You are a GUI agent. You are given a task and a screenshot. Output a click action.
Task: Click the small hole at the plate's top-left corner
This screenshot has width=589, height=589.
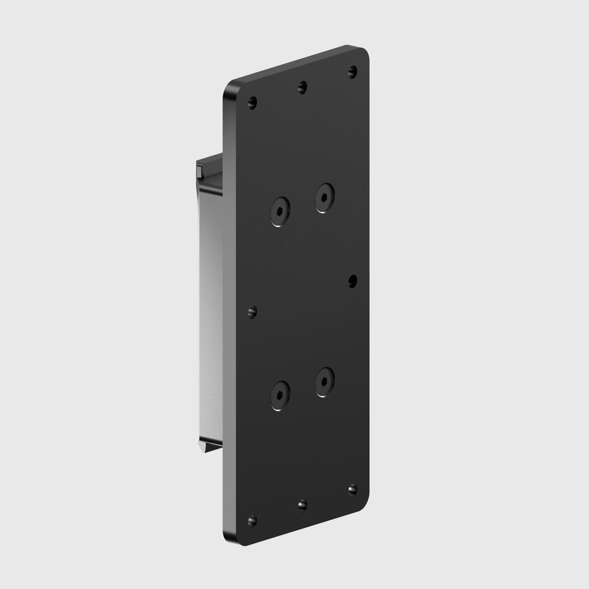[252, 104]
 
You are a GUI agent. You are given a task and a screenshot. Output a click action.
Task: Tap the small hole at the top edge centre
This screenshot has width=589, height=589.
[303, 87]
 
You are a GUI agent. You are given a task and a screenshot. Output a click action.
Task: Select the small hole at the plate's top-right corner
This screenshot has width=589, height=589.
[353, 71]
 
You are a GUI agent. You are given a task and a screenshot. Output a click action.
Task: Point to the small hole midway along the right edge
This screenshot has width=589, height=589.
[353, 280]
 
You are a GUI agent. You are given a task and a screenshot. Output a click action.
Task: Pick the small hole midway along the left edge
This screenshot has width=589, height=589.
[252, 312]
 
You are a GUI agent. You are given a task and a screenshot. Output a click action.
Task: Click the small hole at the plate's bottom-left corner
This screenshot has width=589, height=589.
[252, 521]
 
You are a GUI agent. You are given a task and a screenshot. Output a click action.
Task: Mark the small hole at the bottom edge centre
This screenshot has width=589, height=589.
[303, 505]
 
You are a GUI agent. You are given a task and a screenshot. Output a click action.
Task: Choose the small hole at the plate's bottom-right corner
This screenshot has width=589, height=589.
[353, 489]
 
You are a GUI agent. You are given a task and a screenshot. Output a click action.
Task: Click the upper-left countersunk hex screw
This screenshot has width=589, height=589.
[280, 211]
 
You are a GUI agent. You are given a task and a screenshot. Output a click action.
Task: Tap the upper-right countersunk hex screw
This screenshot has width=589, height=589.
[325, 197]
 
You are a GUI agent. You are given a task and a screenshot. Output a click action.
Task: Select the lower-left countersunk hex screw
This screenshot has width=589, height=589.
[280, 395]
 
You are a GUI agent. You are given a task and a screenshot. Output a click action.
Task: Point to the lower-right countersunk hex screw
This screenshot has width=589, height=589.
[325, 381]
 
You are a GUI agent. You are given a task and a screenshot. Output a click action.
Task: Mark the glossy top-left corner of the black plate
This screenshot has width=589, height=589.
[231, 91]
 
